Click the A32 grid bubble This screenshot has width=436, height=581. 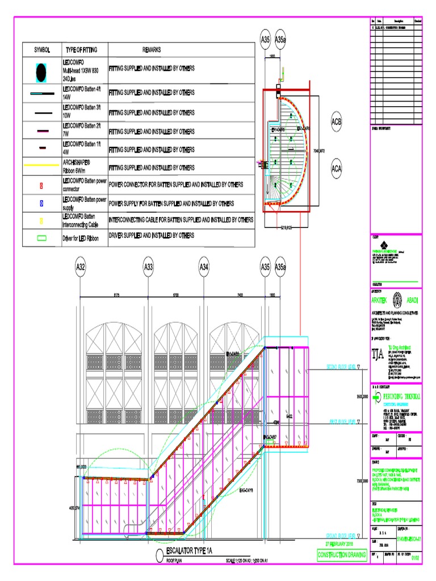tap(80, 267)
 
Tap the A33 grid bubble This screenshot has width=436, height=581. tap(148, 267)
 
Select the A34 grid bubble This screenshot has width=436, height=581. tap(204, 267)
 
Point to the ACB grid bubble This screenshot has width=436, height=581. tap(337, 122)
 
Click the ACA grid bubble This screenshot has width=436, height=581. tap(337, 169)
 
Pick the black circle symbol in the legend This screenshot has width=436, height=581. tap(41, 72)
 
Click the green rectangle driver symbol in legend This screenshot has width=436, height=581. tap(41, 238)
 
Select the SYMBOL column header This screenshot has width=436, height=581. tap(42, 50)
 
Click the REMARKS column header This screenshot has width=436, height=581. tap(151, 50)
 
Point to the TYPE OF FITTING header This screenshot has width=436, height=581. tap(83, 50)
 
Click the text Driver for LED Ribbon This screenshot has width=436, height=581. tap(81, 238)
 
